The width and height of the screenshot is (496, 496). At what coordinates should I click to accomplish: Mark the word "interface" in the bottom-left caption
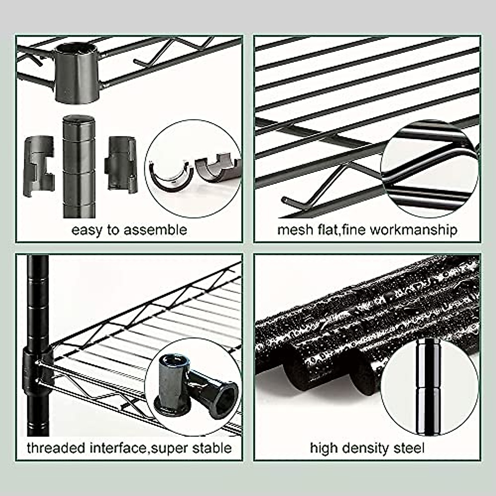[x=117, y=448]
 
